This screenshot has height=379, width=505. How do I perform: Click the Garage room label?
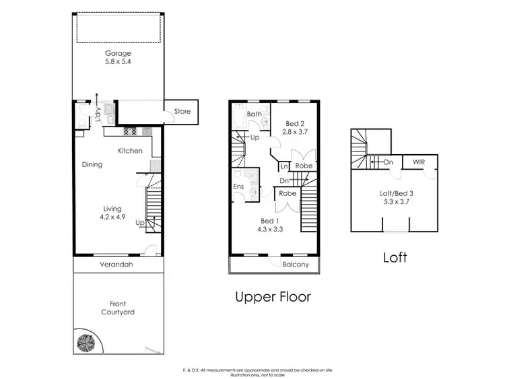117,54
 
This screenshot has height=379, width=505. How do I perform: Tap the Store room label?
182,112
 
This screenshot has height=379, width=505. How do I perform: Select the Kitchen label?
131,151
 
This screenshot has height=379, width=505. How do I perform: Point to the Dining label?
92,164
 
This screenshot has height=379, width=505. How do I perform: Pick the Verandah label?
118,265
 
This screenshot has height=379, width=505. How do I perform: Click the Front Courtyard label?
118,308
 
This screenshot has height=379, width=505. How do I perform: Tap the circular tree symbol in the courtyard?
88,342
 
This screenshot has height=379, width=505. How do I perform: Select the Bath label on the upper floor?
254,114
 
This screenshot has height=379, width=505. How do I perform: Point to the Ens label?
238,186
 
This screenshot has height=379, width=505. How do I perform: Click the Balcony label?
296,265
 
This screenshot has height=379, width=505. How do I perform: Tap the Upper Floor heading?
273,296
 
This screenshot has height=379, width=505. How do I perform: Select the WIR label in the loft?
418,162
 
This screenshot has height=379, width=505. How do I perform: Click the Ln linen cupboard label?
285,166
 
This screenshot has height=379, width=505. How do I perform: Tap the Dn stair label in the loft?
389,162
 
